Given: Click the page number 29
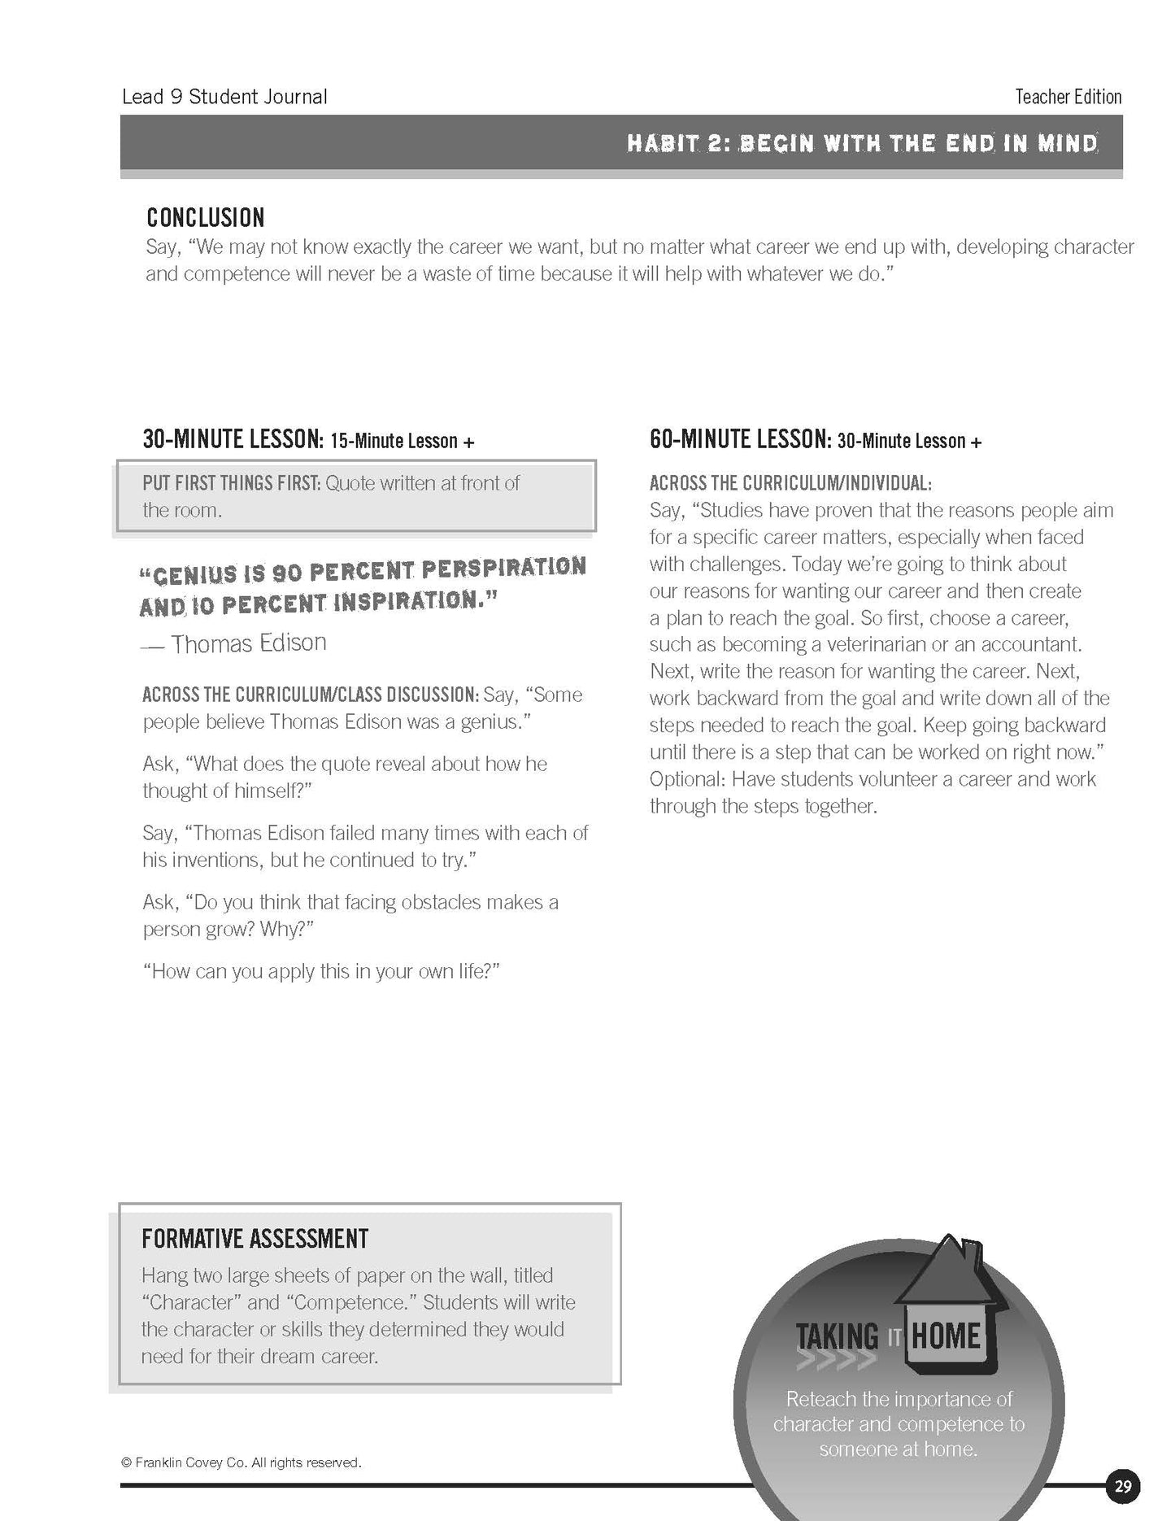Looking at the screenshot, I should click(1122, 1486).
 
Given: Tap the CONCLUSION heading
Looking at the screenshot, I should click(206, 218).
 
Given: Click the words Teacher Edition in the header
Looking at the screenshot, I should click(1068, 97).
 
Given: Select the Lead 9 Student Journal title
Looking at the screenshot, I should click(224, 97).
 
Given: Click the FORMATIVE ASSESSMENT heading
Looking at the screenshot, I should click(255, 1239).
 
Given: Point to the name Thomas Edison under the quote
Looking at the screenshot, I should click(248, 643).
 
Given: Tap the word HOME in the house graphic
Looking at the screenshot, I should click(946, 1336).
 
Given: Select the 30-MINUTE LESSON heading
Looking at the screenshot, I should click(233, 440).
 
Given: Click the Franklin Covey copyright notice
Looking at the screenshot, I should click(241, 1462).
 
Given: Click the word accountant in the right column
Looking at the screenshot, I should click(1033, 645).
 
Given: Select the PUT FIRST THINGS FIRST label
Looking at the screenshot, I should click(231, 483).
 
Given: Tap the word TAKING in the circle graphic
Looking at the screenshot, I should click(838, 1336).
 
